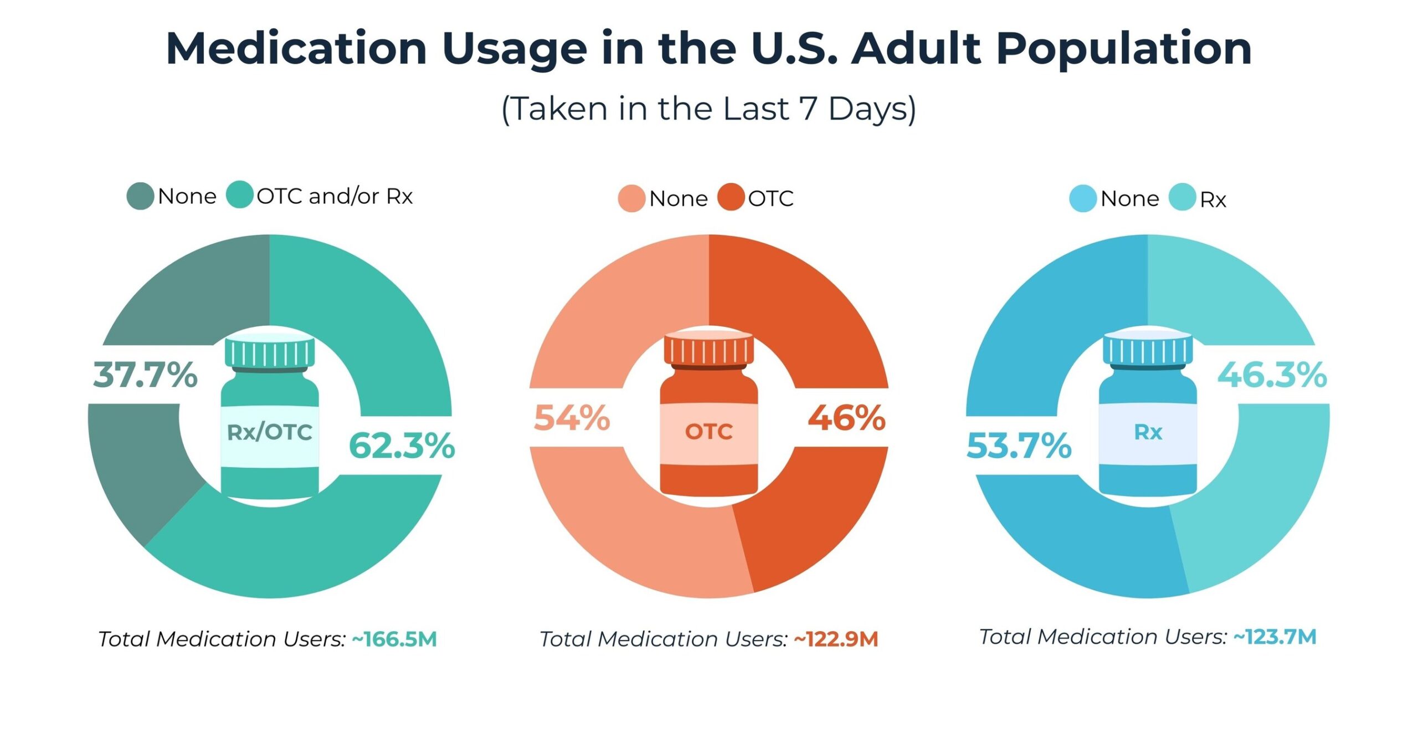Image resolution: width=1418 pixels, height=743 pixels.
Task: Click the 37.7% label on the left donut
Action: pyautogui.click(x=145, y=375)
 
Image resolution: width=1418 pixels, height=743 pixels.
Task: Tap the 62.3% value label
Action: pyautogui.click(x=402, y=445)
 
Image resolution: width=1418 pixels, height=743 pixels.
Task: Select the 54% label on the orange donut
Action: pyautogui.click(x=572, y=418)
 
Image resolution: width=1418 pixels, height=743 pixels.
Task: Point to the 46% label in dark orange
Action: pyautogui.click(x=846, y=418)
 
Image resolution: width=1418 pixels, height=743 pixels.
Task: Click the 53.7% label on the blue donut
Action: pyautogui.click(x=1019, y=445)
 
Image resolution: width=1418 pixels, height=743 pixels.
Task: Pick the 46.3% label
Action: pyautogui.click(x=1272, y=375)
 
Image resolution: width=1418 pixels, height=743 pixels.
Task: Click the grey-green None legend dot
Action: pyautogui.click(x=140, y=196)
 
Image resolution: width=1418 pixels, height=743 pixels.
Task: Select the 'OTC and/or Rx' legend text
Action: pyautogui.click(x=335, y=196)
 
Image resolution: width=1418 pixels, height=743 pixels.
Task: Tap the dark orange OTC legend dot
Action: pyautogui.click(x=731, y=197)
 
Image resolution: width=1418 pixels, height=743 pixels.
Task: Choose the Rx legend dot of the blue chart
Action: pyautogui.click(x=1182, y=198)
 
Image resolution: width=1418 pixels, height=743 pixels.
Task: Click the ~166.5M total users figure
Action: pyautogui.click(x=394, y=639)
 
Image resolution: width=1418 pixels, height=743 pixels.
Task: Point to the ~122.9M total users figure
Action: pyautogui.click(x=836, y=639)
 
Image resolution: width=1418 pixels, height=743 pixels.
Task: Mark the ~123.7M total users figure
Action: pyautogui.click(x=1275, y=637)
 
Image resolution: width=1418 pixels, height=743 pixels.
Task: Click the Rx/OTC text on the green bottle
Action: pyautogui.click(x=270, y=432)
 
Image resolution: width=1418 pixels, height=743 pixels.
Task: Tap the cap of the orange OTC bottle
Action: pyautogui.click(x=708, y=350)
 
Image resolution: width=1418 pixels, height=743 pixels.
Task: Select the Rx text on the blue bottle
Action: pyautogui.click(x=1148, y=432)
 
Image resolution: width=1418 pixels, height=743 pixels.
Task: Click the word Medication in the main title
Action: pyautogui.click(x=296, y=49)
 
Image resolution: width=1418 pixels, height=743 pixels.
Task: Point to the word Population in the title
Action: pyautogui.click(x=1124, y=49)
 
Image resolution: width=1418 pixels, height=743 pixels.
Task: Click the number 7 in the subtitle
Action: pyautogui.click(x=808, y=108)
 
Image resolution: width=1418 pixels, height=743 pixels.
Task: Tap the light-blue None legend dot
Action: pyautogui.click(x=1082, y=198)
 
